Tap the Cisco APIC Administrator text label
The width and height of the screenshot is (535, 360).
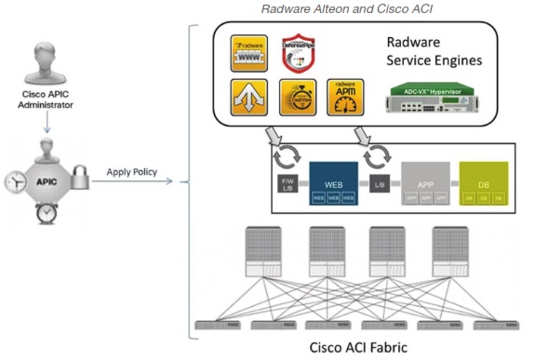(x=47, y=99)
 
